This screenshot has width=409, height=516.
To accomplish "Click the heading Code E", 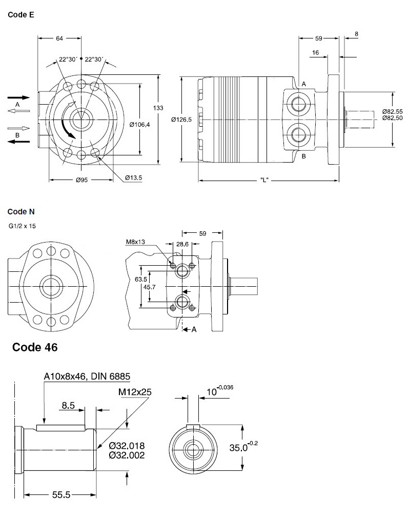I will [x=21, y=15].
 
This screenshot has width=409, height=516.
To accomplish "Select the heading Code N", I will [x=21, y=211].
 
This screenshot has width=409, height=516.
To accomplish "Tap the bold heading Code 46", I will [x=35, y=347].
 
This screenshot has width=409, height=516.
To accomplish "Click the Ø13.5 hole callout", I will [x=133, y=177].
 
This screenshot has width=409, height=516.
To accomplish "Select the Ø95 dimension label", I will [x=82, y=180].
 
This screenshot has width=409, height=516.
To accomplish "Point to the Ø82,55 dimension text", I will [x=392, y=111].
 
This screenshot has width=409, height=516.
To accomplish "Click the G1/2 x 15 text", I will [x=23, y=225].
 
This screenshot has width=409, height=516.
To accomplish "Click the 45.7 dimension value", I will [x=150, y=287].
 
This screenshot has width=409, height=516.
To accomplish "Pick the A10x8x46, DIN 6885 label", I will [x=87, y=376].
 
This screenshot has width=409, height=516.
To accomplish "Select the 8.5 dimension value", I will [x=68, y=405].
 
